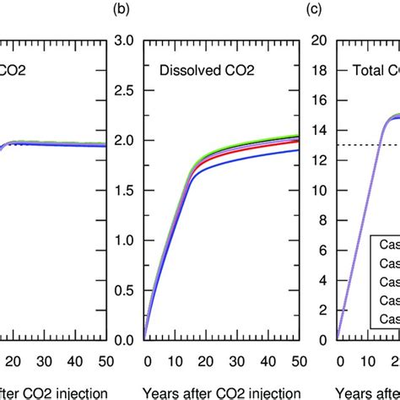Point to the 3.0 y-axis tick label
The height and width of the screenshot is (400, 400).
pyautogui.click(x=123, y=41)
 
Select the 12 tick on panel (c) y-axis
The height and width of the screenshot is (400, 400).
pyautogui.click(x=321, y=151)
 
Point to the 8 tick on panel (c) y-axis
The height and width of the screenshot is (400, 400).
pyautogui.click(x=324, y=206)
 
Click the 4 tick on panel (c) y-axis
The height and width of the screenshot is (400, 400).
pyautogui.click(x=324, y=262)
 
